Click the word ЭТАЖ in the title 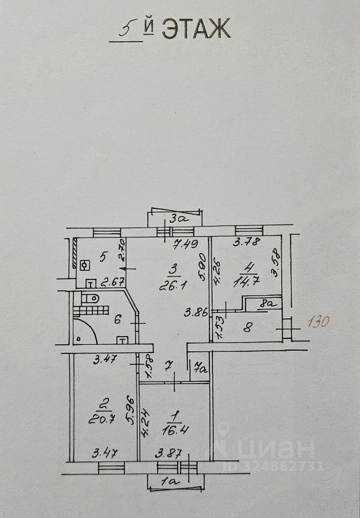[x=196, y=29]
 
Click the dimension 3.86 [x=196, y=311]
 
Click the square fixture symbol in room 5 [x=84, y=265]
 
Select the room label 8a [x=267, y=304]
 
